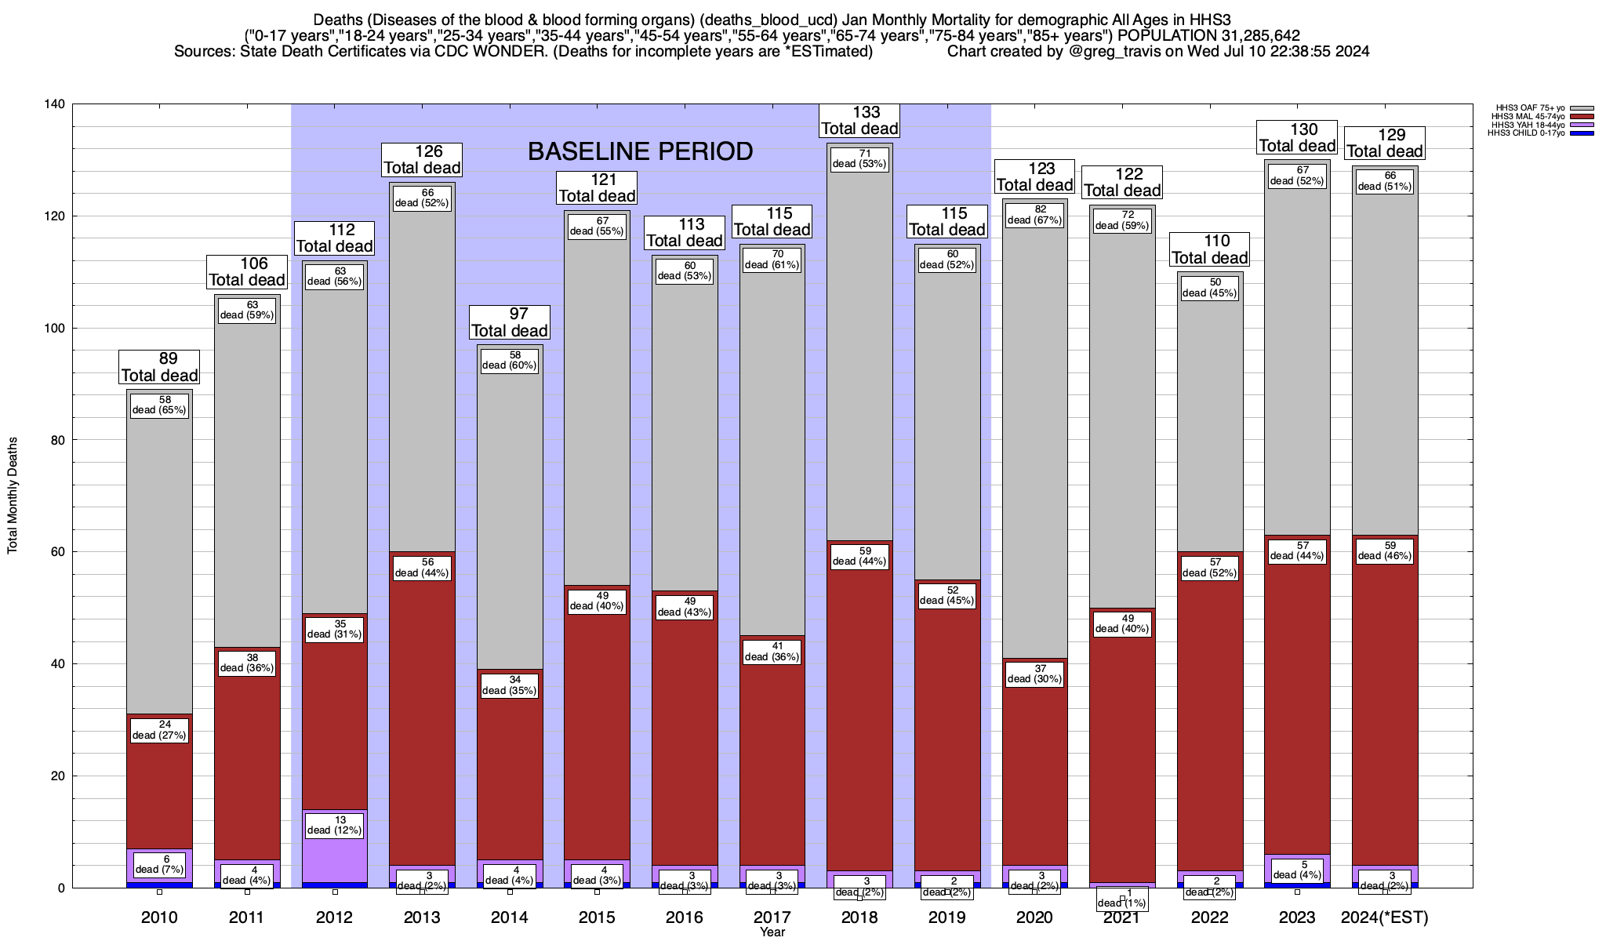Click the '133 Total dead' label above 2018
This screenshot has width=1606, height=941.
pos(859,121)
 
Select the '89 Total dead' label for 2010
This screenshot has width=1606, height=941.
pos(159,367)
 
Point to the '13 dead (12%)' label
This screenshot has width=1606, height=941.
pos(335,825)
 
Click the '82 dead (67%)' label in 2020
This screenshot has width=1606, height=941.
pos(1034,215)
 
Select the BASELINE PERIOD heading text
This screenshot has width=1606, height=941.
pos(640,151)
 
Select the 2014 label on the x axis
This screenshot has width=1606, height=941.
pos(510,917)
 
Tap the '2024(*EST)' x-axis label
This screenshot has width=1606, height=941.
pos(1385,917)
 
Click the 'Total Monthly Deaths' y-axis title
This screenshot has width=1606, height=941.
pos(13,496)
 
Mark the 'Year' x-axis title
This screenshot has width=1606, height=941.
pos(772,932)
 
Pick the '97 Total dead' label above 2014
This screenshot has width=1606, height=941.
pos(510,322)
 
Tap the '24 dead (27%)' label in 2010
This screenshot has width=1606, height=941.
pos(159,730)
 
